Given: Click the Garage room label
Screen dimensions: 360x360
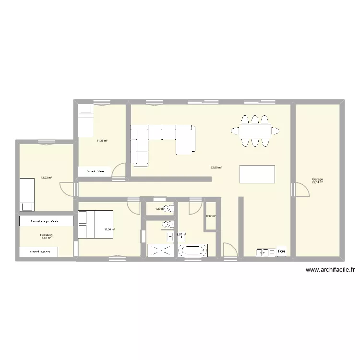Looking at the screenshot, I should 317,180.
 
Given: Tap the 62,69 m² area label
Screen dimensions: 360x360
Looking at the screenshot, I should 216,168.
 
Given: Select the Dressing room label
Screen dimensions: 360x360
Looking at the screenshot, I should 46,235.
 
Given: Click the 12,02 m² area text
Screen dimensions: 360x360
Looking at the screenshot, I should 46,178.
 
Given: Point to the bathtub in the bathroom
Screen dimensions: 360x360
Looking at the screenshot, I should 193,250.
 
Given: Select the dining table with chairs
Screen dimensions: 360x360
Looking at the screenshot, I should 255,130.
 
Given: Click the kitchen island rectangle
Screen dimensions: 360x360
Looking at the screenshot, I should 257,174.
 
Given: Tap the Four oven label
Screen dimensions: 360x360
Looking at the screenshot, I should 282,251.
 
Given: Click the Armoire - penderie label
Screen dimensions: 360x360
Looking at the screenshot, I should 45,222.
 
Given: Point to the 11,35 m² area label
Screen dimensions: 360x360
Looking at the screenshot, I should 102,141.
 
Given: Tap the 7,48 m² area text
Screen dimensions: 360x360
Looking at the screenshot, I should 46,238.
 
